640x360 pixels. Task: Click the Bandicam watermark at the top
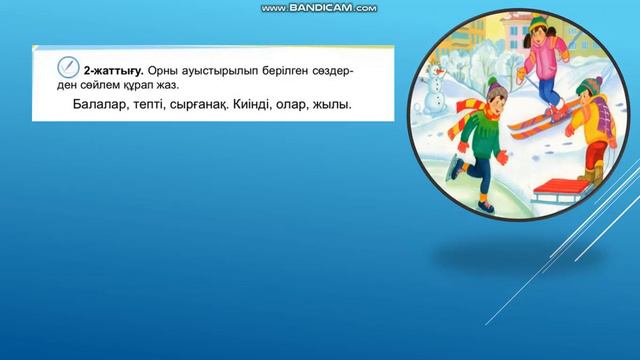click(x=319, y=8)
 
